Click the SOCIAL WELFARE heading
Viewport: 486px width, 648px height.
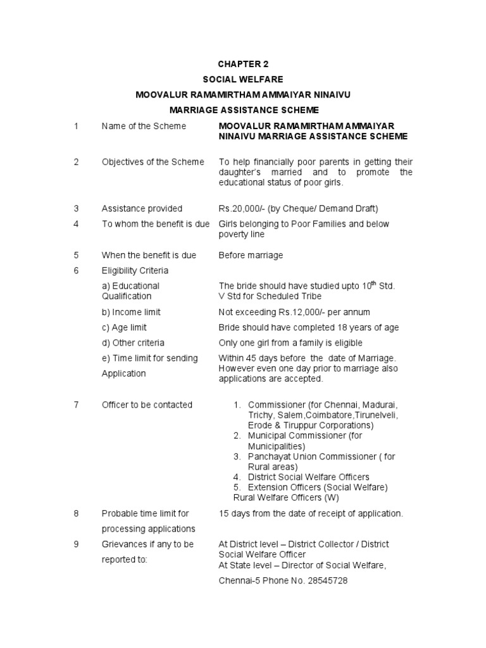pos(242,79)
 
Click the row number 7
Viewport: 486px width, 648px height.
pos(76,405)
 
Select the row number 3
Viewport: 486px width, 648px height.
pos(76,209)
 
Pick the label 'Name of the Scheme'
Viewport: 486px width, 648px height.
pos(144,127)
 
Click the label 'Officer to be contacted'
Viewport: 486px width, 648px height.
pos(147,405)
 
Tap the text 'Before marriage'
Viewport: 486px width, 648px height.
pos(251,256)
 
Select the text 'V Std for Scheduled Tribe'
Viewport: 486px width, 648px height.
pos(270,296)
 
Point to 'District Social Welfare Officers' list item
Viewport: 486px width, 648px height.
pos(308,477)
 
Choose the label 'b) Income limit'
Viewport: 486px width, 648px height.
pos(131,313)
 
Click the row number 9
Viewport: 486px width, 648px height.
pos(76,544)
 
